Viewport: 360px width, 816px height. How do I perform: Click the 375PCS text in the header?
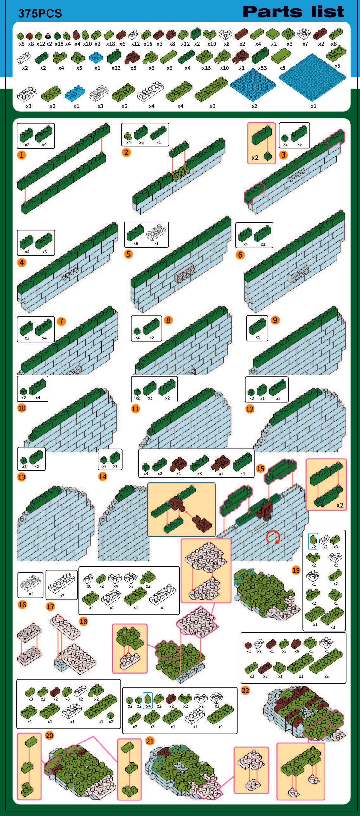40,13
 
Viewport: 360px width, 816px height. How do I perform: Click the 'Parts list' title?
293,12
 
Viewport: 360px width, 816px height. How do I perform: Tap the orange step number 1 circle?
22,155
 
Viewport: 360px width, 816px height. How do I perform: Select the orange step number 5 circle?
128,254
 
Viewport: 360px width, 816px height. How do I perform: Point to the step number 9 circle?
275,320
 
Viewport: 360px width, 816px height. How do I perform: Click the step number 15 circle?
260,468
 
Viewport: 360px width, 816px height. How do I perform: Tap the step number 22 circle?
245,690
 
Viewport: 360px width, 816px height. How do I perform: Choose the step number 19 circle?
296,570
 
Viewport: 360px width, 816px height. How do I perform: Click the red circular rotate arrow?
273,537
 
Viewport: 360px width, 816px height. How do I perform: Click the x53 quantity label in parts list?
262,68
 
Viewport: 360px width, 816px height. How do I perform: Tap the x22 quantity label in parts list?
116,68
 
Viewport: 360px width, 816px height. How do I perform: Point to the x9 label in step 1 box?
44,145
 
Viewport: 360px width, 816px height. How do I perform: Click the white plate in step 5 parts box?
156,233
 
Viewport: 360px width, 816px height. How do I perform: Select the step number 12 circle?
250,409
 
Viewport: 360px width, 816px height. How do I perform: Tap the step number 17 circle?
50,607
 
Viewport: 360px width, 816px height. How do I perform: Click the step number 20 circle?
49,735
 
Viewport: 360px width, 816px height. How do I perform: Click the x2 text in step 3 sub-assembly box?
255,157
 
